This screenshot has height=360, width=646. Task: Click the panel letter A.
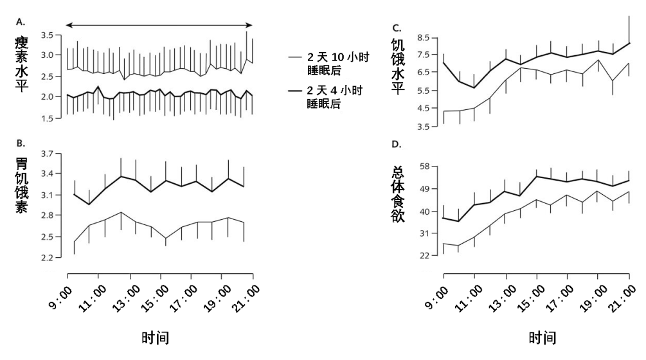tap(20, 21)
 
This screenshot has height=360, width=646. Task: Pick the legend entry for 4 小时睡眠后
tap(328, 95)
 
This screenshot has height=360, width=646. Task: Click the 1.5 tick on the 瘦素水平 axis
tap(48, 118)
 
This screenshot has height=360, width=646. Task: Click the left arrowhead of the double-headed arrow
tap(69, 25)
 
